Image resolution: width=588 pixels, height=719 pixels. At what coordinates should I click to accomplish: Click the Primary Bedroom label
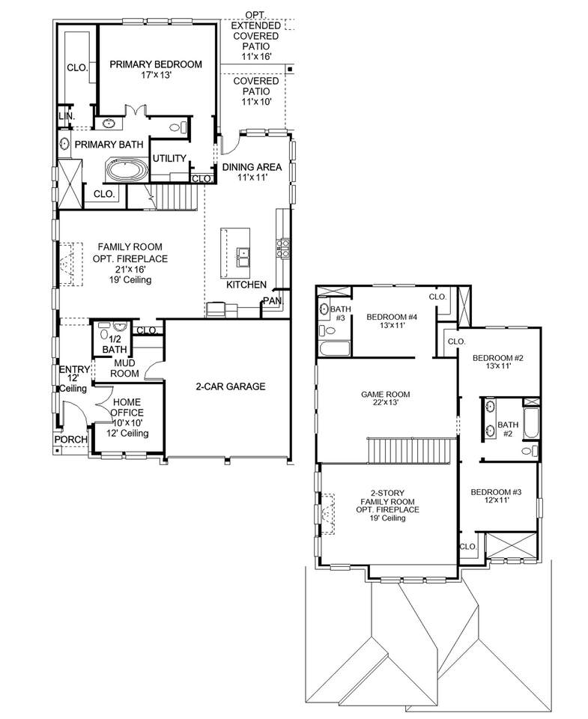tap(156, 64)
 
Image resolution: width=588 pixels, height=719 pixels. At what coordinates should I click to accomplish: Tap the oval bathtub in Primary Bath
tap(127, 169)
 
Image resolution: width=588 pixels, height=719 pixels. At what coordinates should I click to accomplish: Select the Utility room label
tap(169, 158)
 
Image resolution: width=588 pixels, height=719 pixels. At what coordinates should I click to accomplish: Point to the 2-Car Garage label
tap(230, 386)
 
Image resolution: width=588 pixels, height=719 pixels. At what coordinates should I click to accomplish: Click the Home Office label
tap(127, 407)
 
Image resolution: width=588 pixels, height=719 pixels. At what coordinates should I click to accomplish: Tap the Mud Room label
tap(124, 368)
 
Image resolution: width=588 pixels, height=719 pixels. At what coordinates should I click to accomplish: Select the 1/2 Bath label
tap(114, 345)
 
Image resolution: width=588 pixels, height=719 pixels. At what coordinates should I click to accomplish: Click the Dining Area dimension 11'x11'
tap(252, 178)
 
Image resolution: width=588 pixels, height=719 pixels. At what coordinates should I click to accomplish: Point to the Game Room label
tap(385, 395)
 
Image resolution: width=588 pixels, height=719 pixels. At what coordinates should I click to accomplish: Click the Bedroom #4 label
tap(392, 317)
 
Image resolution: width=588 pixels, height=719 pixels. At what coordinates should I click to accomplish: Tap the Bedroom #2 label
tap(497, 358)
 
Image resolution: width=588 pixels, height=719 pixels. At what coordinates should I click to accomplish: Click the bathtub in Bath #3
tap(334, 349)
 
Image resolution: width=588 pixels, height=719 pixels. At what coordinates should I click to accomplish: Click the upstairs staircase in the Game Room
tap(411, 451)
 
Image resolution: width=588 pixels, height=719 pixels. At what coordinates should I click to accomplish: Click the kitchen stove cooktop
tap(282, 247)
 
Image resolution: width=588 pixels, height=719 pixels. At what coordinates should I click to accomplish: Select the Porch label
tap(71, 440)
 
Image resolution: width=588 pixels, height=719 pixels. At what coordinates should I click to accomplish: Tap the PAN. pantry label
tap(273, 301)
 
